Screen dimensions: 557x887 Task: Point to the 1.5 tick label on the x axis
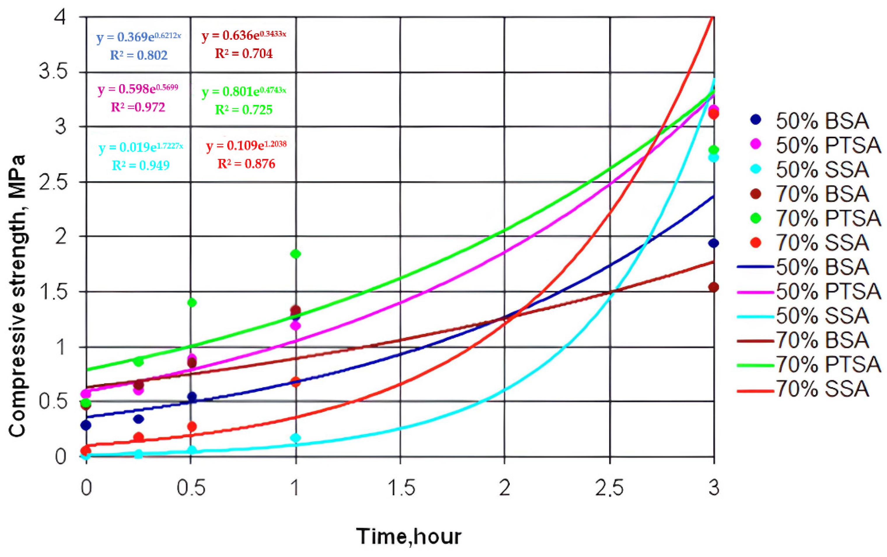[x=401, y=488]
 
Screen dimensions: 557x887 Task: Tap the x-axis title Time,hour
[x=408, y=536]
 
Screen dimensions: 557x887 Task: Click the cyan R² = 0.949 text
[x=141, y=165]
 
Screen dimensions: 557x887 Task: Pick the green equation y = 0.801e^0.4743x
[x=244, y=92]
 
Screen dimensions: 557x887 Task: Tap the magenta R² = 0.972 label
[x=138, y=107]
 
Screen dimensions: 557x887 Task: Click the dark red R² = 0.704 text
[x=244, y=54]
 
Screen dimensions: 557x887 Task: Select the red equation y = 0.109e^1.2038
[x=246, y=146]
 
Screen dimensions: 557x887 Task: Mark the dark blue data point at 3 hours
[x=713, y=243]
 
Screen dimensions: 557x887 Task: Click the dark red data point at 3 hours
[x=713, y=287]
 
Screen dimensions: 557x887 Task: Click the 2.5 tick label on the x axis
[x=610, y=488]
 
